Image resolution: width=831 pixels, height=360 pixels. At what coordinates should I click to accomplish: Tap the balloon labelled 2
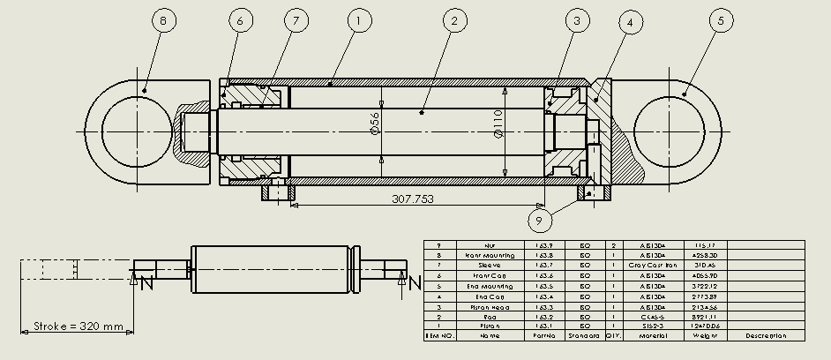[x=453, y=21]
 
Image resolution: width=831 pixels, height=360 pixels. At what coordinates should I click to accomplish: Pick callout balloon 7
[x=290, y=21]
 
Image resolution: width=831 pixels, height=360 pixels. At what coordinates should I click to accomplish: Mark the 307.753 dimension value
[x=413, y=199]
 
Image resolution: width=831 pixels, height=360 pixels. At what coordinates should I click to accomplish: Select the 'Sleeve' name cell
[x=490, y=265]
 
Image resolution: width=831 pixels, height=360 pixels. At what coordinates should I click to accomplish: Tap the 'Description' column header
[x=766, y=336]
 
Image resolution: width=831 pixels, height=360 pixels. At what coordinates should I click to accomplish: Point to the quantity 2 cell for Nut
[x=613, y=244]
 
